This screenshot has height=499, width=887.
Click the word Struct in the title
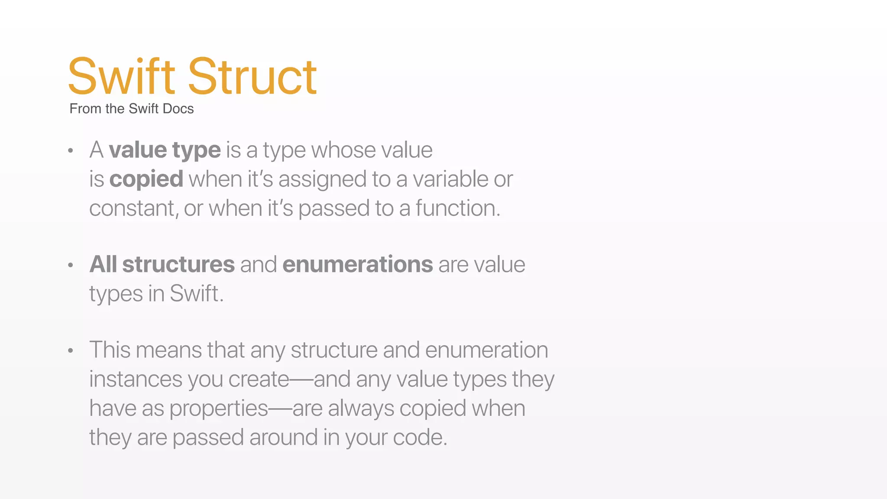[252, 77]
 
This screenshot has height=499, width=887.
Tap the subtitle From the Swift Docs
[131, 109]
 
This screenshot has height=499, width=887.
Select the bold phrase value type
[165, 150]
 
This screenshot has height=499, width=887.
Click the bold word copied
[146, 179]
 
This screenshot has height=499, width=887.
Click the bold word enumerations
[357, 265]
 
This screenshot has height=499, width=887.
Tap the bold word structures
[178, 265]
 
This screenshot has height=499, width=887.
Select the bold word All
[103, 265]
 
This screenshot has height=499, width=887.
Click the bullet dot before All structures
[71, 265]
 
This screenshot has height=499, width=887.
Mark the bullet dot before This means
[71, 350]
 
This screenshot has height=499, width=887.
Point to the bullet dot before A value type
[71, 151]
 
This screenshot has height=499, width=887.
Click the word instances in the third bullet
[136, 379]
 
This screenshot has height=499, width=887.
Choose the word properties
[219, 408]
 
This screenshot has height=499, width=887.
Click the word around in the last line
[283, 437]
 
